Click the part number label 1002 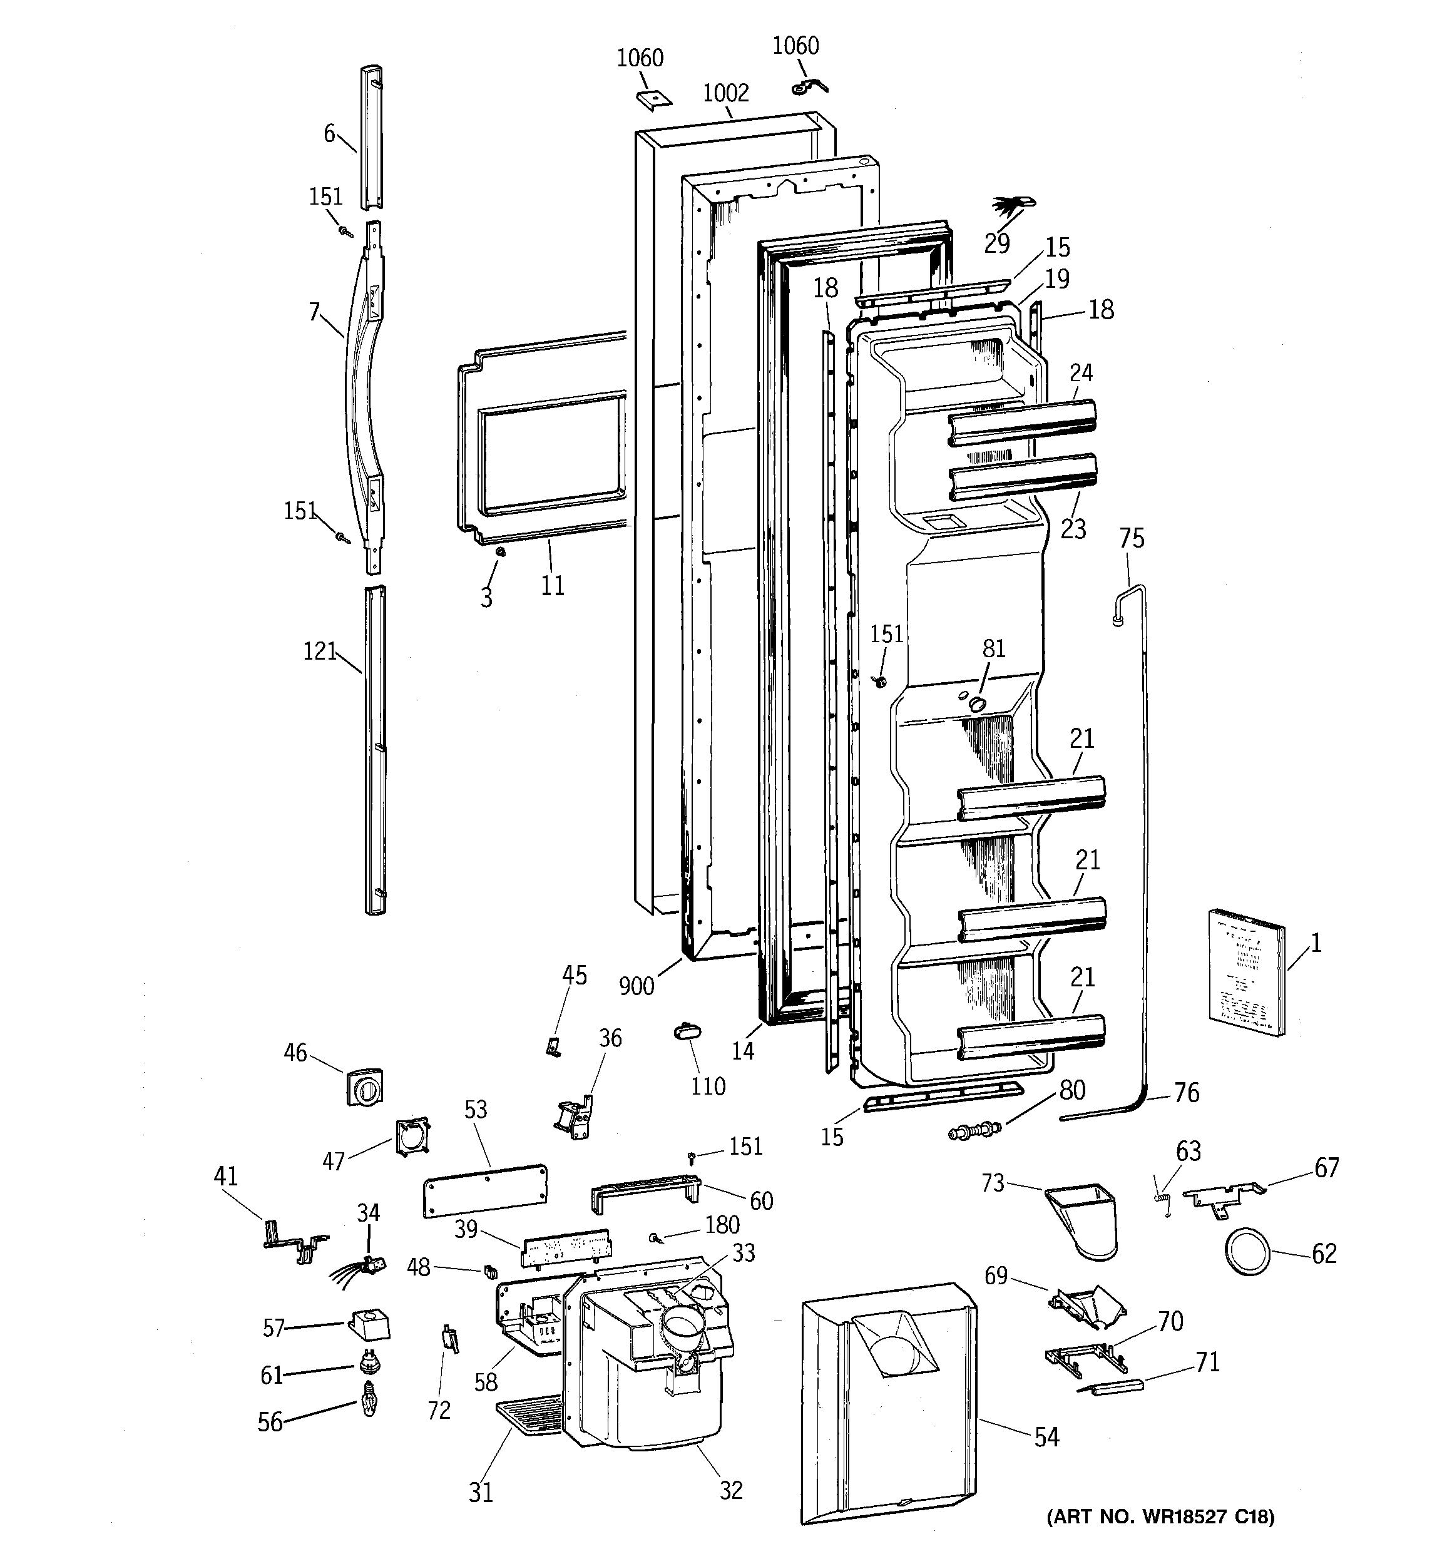(x=725, y=93)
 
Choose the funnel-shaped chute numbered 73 (x=1083, y=1219)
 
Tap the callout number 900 (x=636, y=986)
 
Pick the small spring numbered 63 (x=1163, y=1206)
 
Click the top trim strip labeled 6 (x=372, y=138)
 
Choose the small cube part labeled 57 (x=369, y=1324)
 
